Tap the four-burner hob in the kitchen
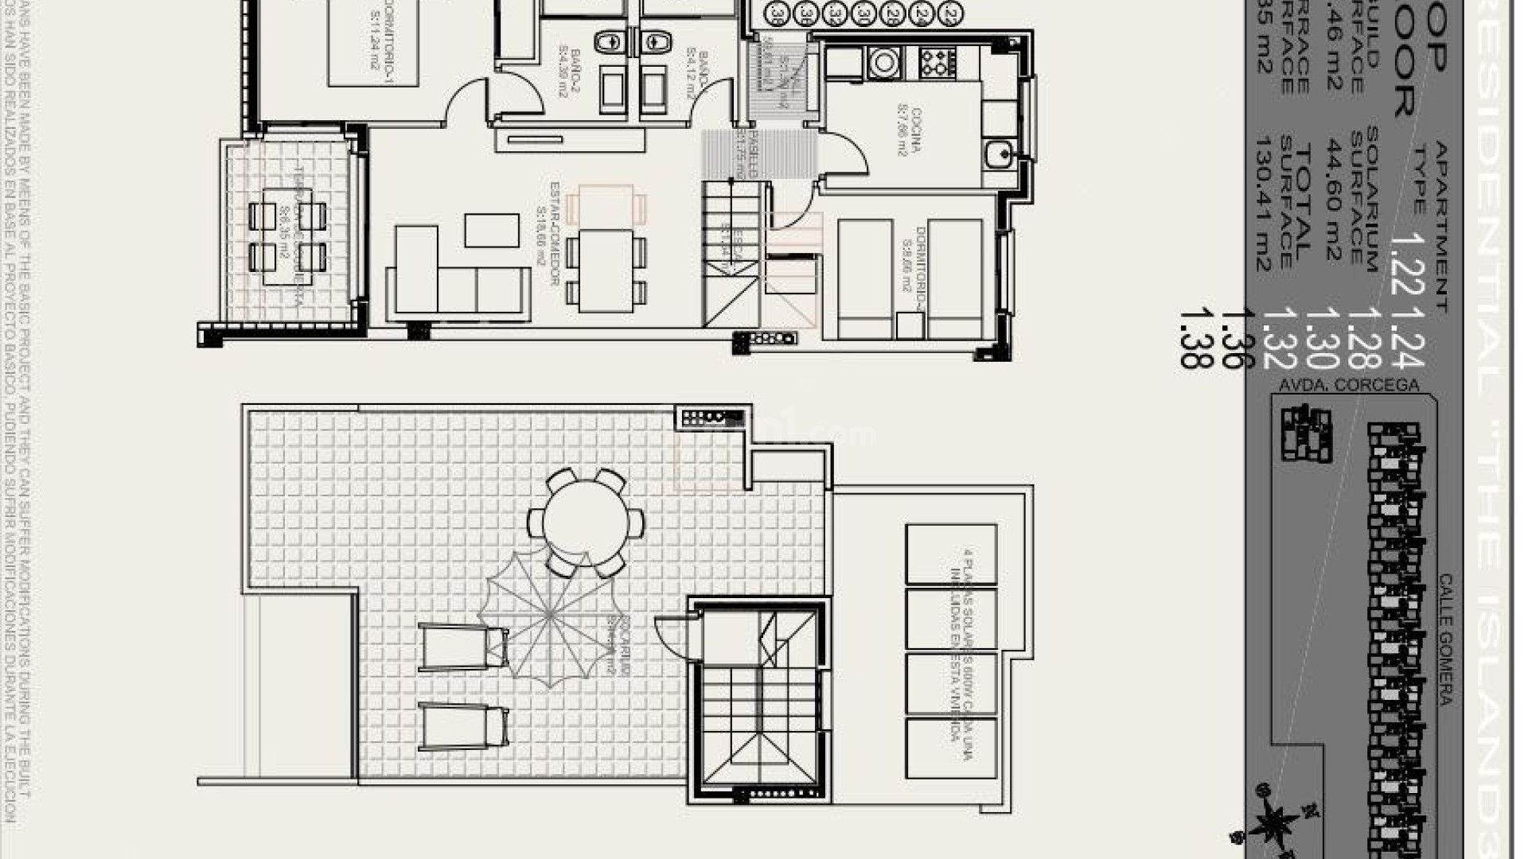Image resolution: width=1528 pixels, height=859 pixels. pos(937,62)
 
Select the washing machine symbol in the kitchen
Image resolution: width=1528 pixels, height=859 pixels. pos(883,61)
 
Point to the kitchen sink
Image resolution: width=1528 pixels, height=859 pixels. pos(998,153)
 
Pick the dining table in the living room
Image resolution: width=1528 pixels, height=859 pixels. pos(606,270)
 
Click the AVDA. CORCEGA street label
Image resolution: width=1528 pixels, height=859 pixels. pos(1348,386)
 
